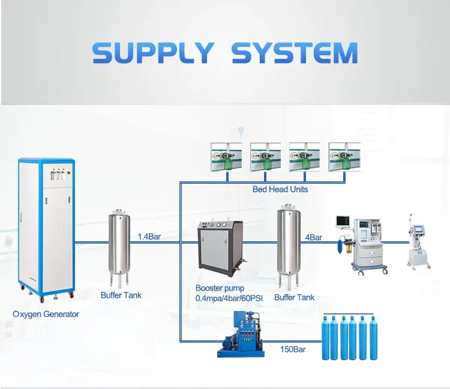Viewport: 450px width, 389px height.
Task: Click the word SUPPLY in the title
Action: pos(153,53)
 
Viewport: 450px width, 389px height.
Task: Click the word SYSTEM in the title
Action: pos(294,53)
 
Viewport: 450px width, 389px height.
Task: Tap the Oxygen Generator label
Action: pos(46,314)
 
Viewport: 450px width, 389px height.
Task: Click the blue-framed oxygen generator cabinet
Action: pos(46,228)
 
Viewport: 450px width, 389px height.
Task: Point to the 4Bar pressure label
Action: pos(313,237)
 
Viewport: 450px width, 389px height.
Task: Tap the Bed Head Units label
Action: pos(280,189)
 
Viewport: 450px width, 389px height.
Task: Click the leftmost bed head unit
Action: pos(227,157)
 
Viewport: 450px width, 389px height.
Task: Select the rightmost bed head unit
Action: pos(344,157)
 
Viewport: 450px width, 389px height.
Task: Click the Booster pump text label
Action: pos(220,288)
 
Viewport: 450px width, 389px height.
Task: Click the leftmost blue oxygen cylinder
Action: pos(326,339)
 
